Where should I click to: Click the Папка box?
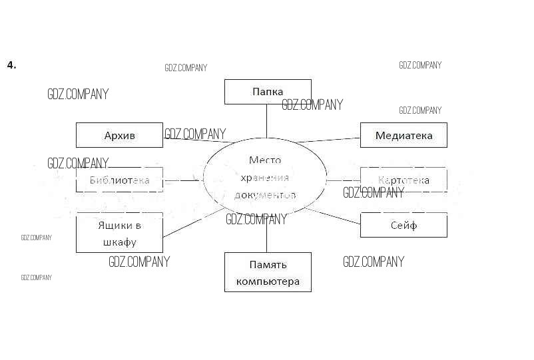(267, 92)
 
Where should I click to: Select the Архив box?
(119, 135)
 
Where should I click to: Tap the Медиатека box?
(403, 135)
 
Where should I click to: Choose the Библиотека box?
(119, 180)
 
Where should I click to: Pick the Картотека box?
(403, 180)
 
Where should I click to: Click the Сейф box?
(403, 225)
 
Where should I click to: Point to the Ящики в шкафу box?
(119, 233)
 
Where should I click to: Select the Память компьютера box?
(267, 272)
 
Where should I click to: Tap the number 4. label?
(11, 65)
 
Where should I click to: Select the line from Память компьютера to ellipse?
(267, 236)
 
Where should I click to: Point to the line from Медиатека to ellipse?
(330, 140)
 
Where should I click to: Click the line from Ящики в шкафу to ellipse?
(193, 222)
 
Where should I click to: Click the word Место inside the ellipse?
(265, 160)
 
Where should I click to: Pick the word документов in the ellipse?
(265, 196)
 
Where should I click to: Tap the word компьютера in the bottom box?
(267, 281)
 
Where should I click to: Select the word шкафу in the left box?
(120, 242)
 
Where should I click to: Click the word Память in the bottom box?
(268, 265)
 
